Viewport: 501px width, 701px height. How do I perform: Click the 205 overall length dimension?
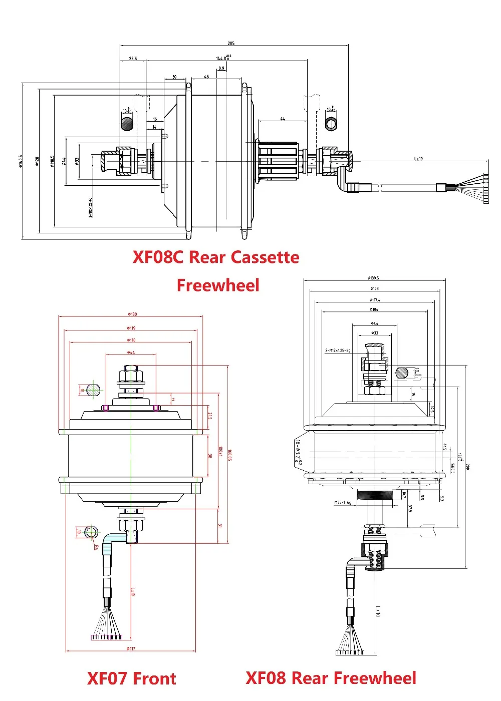(x=231, y=44)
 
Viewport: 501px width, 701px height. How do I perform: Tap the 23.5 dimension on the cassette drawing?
(x=133, y=59)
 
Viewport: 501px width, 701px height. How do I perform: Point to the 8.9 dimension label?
(x=221, y=68)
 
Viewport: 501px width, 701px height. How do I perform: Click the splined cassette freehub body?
(x=279, y=160)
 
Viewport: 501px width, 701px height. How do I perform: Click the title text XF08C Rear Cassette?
(x=216, y=257)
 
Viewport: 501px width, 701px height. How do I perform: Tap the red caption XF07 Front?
(x=132, y=678)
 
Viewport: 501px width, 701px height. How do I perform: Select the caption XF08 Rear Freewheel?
(x=331, y=678)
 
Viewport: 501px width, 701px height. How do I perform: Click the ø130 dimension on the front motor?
(x=132, y=314)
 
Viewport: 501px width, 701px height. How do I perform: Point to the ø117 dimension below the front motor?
(x=131, y=648)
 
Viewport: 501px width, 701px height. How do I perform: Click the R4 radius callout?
(x=96, y=547)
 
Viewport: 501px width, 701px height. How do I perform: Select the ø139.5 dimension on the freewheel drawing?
(x=373, y=278)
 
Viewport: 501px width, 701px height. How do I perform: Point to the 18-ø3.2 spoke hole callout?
(x=298, y=452)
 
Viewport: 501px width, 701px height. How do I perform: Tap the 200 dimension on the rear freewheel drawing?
(x=467, y=467)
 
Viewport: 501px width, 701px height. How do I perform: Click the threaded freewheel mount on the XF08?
(x=375, y=498)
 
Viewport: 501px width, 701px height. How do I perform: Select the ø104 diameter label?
(x=374, y=309)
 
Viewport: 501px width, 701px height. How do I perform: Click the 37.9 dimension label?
(x=410, y=508)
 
